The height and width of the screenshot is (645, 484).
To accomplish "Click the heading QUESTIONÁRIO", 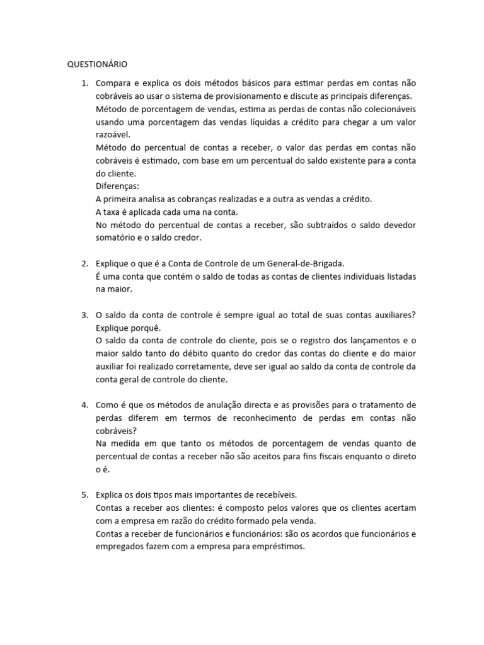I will (x=98, y=64).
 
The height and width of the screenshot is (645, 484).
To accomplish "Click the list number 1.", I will (x=84, y=83).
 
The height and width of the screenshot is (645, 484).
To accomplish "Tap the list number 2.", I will (x=84, y=263).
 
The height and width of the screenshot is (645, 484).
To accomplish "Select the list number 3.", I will (x=84, y=315).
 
